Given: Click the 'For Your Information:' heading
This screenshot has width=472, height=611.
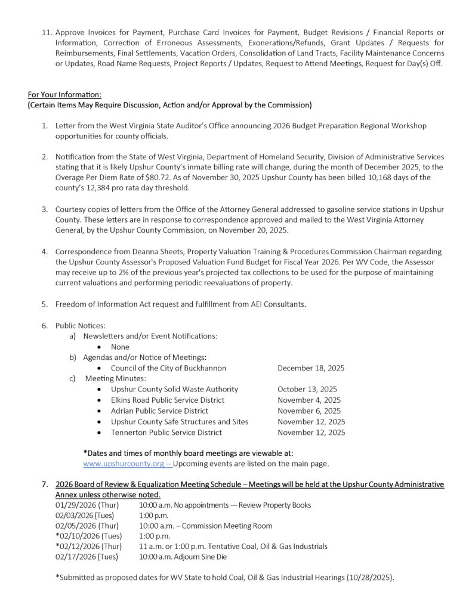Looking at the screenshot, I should click(x=64, y=95).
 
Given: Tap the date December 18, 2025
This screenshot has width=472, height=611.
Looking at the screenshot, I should click(x=311, y=368).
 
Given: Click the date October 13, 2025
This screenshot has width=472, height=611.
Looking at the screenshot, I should click(x=307, y=390).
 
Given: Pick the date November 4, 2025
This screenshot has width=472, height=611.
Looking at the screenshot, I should click(x=309, y=400).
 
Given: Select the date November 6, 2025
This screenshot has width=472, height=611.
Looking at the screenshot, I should click(x=309, y=411).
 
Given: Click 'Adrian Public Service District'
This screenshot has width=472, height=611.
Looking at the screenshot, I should click(x=159, y=411).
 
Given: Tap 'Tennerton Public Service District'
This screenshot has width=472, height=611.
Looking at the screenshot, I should click(x=166, y=433).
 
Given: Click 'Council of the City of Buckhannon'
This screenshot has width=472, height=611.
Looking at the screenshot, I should click(x=168, y=368).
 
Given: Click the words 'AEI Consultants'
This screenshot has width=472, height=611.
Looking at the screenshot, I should click(x=277, y=304).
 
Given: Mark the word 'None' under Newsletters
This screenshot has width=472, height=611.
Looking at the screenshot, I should click(x=120, y=347).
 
